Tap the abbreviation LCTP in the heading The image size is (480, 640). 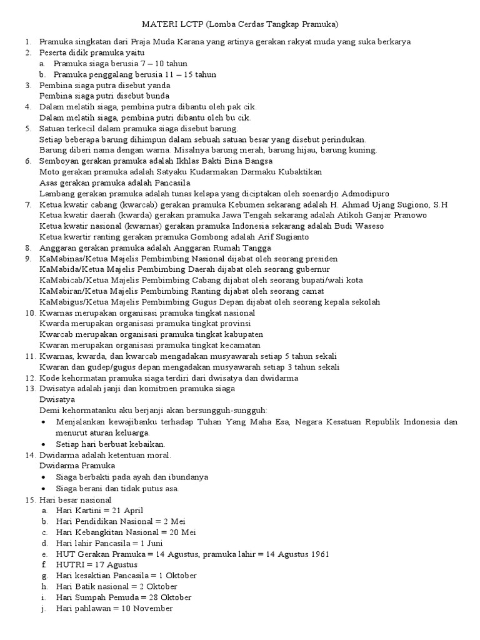pos(192,25)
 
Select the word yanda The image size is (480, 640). pos(158,85)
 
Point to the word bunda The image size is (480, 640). pos(157,96)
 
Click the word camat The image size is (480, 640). pos(313,291)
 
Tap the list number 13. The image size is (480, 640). pos(30,389)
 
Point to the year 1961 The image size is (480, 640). pos(317,554)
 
